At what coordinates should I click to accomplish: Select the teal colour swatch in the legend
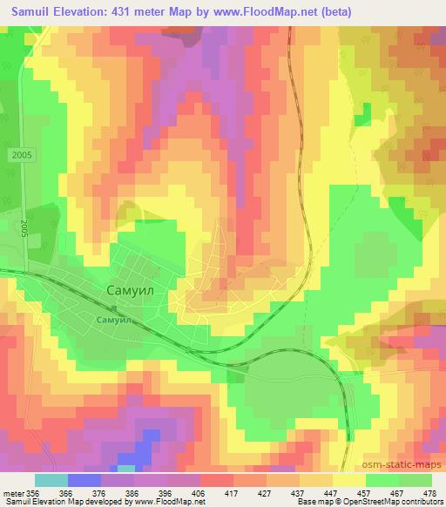point(51,479)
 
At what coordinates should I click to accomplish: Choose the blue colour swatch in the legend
point(84,479)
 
